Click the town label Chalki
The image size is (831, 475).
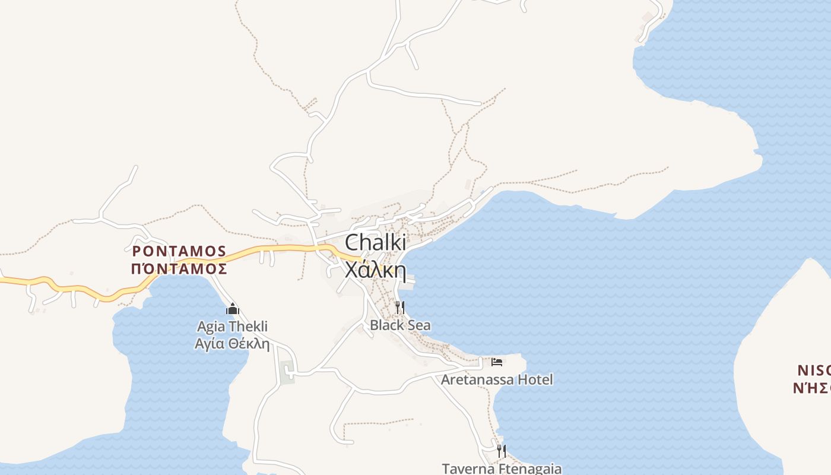375,242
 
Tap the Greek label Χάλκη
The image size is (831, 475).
375,271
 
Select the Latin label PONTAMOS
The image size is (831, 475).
179,251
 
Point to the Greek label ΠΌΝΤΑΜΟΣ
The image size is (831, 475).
179,269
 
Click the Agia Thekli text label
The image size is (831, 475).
232,327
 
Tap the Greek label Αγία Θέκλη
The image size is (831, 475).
232,343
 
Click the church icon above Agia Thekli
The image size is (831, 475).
232,309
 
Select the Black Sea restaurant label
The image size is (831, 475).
400,325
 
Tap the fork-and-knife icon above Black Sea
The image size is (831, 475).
400,308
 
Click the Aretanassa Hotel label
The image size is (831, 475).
497,379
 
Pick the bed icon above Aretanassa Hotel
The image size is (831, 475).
497,362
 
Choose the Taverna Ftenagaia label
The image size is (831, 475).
502,468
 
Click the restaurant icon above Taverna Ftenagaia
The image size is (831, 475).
502,451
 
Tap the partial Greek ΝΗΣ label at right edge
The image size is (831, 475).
811,389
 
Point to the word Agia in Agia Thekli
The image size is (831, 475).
211,327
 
